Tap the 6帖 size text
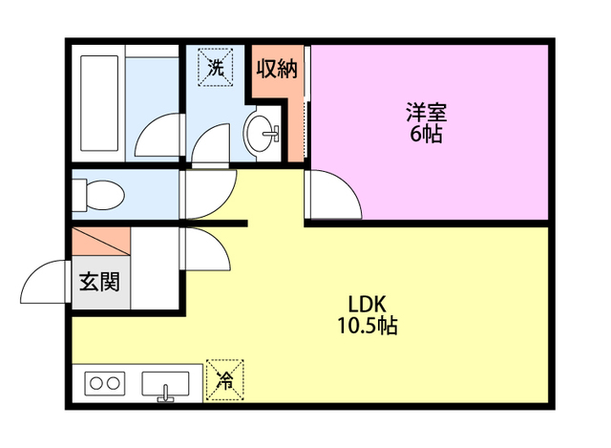point(426,134)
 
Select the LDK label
point(366,305)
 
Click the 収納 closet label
point(276,69)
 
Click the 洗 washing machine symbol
point(216,67)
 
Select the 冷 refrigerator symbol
point(225,381)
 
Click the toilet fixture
point(99,195)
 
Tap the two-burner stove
point(104,384)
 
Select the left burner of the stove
point(95,384)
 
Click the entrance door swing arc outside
point(43,284)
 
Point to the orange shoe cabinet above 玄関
point(99,242)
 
